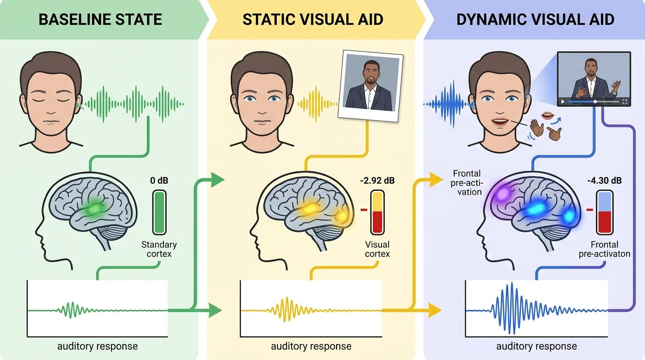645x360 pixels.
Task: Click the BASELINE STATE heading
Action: pos(100,20)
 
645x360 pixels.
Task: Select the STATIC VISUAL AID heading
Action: pos(313,20)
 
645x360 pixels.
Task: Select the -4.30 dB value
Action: pos(604,180)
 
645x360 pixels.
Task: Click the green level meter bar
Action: pos(159,211)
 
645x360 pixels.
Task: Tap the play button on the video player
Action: pos(563,102)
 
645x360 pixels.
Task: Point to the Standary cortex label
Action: pos(159,249)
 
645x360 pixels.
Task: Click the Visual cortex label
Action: pos(377,249)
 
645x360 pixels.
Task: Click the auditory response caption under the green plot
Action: pos(97,346)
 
